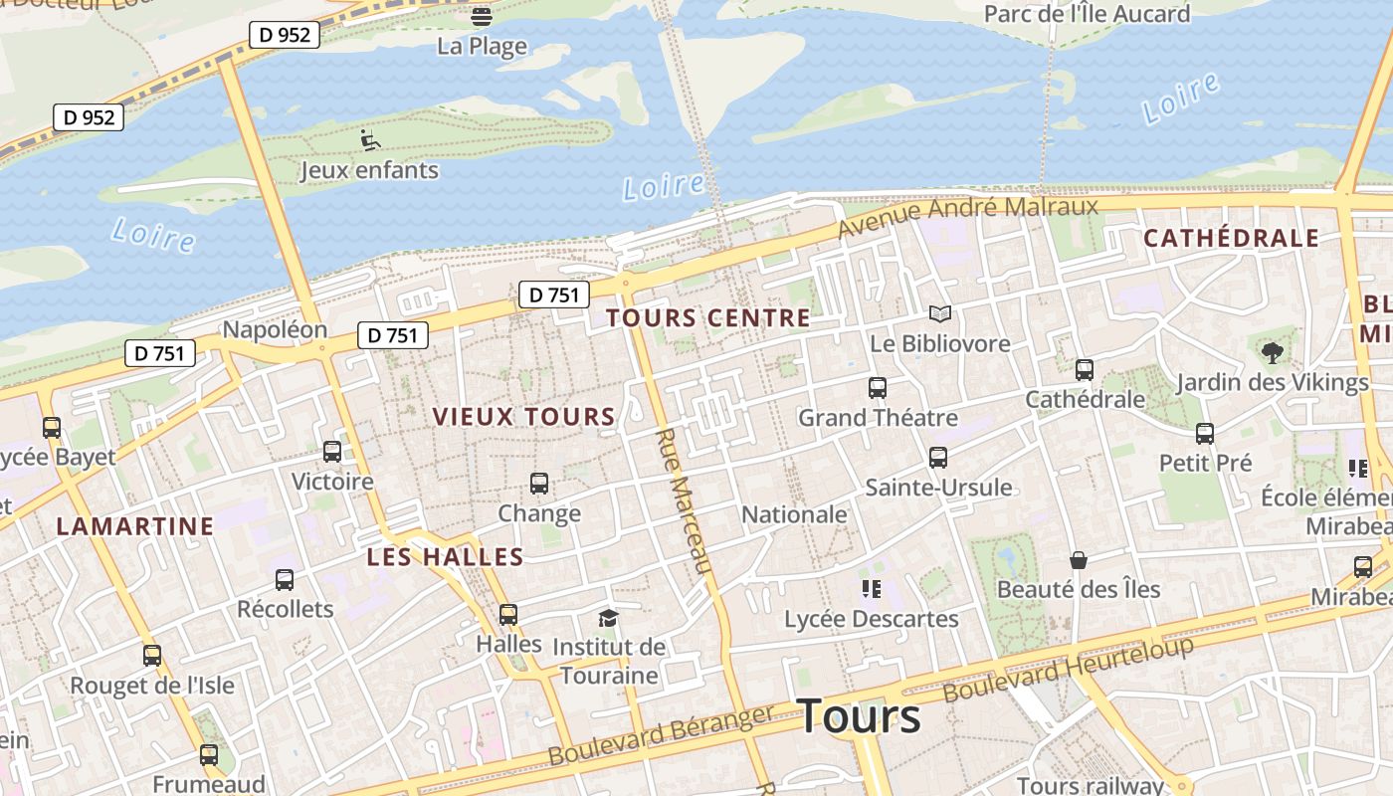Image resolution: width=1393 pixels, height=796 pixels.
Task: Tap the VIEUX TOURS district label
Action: tap(524, 417)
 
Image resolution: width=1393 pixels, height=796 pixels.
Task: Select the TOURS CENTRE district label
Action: tap(708, 318)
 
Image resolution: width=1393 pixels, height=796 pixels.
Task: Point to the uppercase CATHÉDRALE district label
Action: tap(1231, 239)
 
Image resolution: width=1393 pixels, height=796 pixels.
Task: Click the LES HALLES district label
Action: tap(445, 557)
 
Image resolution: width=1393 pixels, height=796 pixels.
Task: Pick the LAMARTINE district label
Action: tap(135, 526)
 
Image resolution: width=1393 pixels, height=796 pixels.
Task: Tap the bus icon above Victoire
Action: tap(332, 452)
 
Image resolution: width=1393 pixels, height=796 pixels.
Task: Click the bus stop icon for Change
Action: tap(539, 484)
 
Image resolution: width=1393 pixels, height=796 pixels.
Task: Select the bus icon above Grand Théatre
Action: tap(878, 388)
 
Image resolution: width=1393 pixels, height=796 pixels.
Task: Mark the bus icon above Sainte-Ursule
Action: tap(938, 458)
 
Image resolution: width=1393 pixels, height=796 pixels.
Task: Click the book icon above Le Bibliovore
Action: tap(940, 314)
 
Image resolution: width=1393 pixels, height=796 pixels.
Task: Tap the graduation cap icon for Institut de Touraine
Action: tap(608, 618)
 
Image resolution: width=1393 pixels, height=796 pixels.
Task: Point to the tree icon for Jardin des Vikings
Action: tap(1272, 352)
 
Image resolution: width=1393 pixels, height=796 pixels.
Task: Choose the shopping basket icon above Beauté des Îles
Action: tap(1078, 560)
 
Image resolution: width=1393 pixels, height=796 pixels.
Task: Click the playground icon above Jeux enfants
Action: tap(370, 140)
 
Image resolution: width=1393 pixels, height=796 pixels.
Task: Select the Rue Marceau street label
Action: tap(685, 501)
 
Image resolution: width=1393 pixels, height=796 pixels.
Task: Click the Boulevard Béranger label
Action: tap(661, 737)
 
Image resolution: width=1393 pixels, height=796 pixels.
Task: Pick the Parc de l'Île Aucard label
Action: tap(1087, 14)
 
